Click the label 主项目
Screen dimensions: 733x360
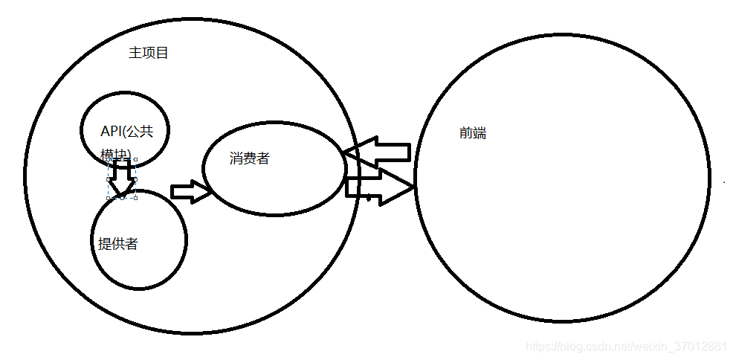click(x=149, y=53)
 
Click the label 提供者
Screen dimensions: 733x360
click(x=117, y=243)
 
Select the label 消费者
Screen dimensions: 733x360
click(x=249, y=158)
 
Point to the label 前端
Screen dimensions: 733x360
click(x=473, y=133)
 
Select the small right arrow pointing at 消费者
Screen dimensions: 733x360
click(x=191, y=191)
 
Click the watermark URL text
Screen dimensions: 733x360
click(x=626, y=347)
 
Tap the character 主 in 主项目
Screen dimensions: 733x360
click(x=135, y=53)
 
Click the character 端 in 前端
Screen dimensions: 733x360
click(x=479, y=133)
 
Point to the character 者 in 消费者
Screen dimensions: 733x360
click(x=262, y=158)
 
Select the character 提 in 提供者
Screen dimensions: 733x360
click(x=105, y=243)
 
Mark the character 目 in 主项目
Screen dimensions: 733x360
click(x=162, y=53)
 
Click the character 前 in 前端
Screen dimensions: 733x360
click(x=466, y=133)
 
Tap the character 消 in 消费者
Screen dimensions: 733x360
click(x=236, y=158)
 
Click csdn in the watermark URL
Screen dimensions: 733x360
click(x=594, y=347)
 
